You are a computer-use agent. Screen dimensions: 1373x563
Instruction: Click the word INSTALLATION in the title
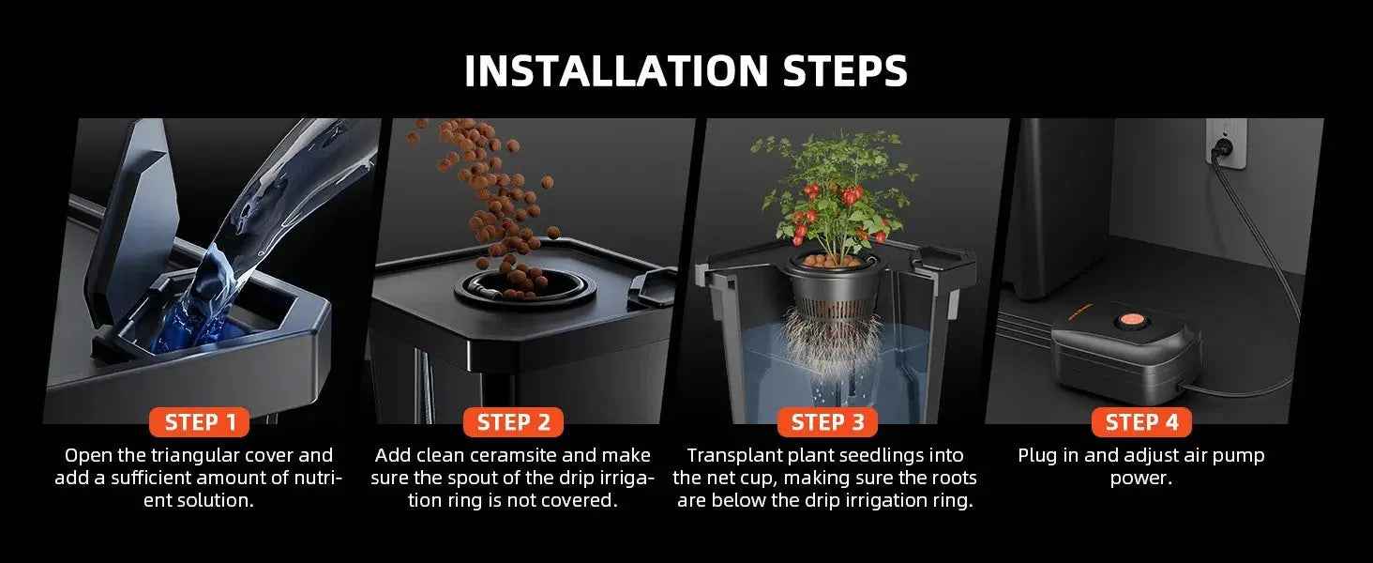(x=616, y=71)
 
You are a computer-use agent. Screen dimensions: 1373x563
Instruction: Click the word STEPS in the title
(x=845, y=71)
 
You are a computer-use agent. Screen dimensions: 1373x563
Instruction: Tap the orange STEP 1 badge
(x=200, y=422)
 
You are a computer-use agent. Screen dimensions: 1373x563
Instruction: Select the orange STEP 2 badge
(x=513, y=422)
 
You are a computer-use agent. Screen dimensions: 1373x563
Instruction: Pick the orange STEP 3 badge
(x=827, y=422)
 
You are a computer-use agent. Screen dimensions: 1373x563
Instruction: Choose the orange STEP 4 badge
(x=1141, y=422)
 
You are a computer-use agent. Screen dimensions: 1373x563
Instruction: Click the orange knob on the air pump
(x=1131, y=321)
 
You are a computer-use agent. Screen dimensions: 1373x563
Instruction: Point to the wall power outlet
(x=1226, y=143)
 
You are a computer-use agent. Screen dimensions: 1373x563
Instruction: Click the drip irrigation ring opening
(x=524, y=288)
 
